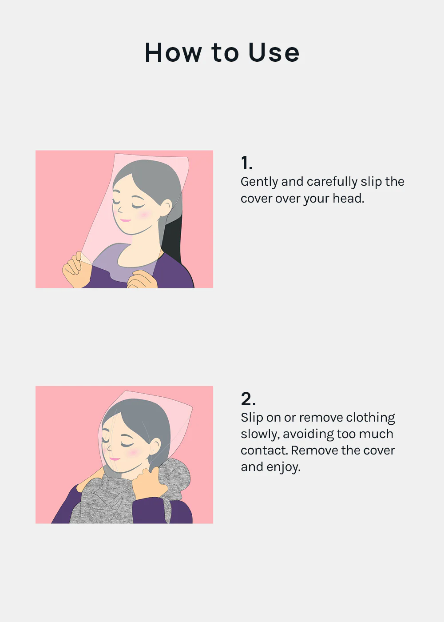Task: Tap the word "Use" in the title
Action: (274, 52)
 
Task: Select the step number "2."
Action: (248, 399)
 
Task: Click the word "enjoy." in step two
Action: (284, 467)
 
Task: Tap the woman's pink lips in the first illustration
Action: (125, 220)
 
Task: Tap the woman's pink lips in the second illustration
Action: (115, 459)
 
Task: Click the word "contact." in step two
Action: (265, 451)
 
